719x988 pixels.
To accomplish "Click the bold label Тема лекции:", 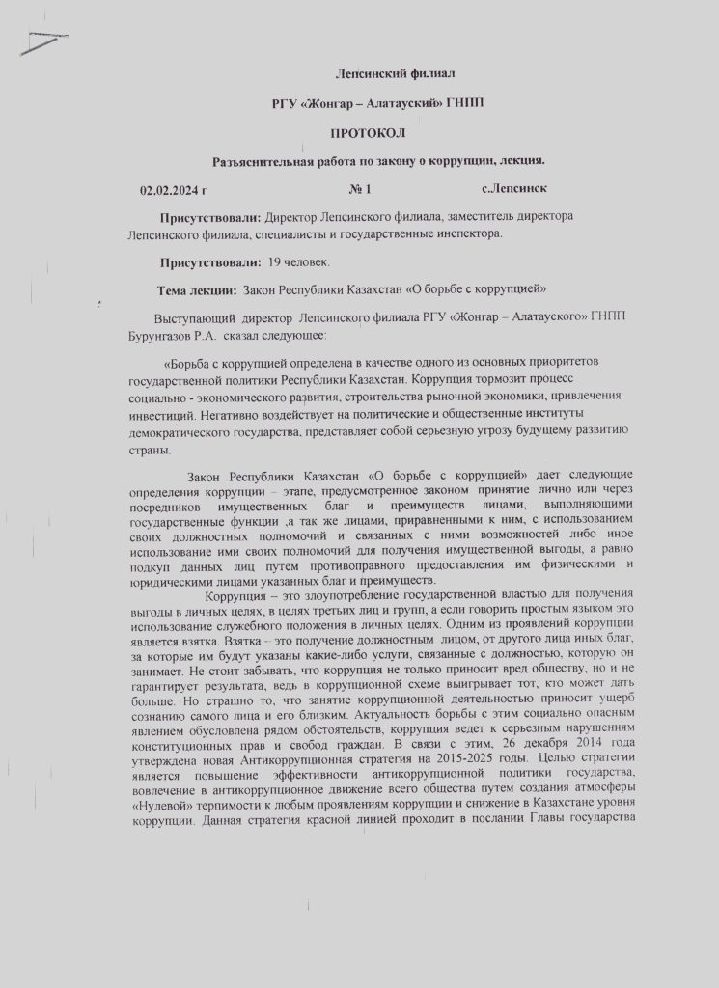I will pos(198,289).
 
